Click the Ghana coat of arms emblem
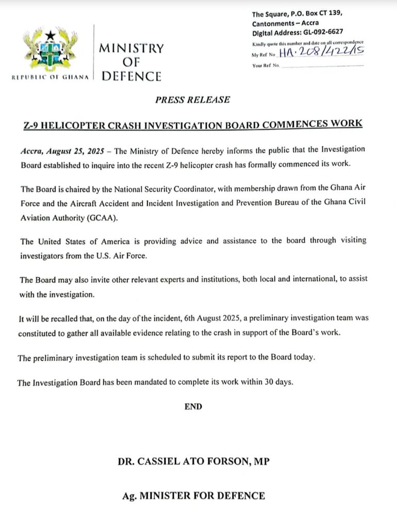(x=50, y=51)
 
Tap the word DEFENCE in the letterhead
(x=131, y=76)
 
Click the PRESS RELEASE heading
(x=192, y=100)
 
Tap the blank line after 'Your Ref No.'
(x=322, y=66)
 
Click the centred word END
(x=193, y=407)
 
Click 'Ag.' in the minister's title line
(x=129, y=496)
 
